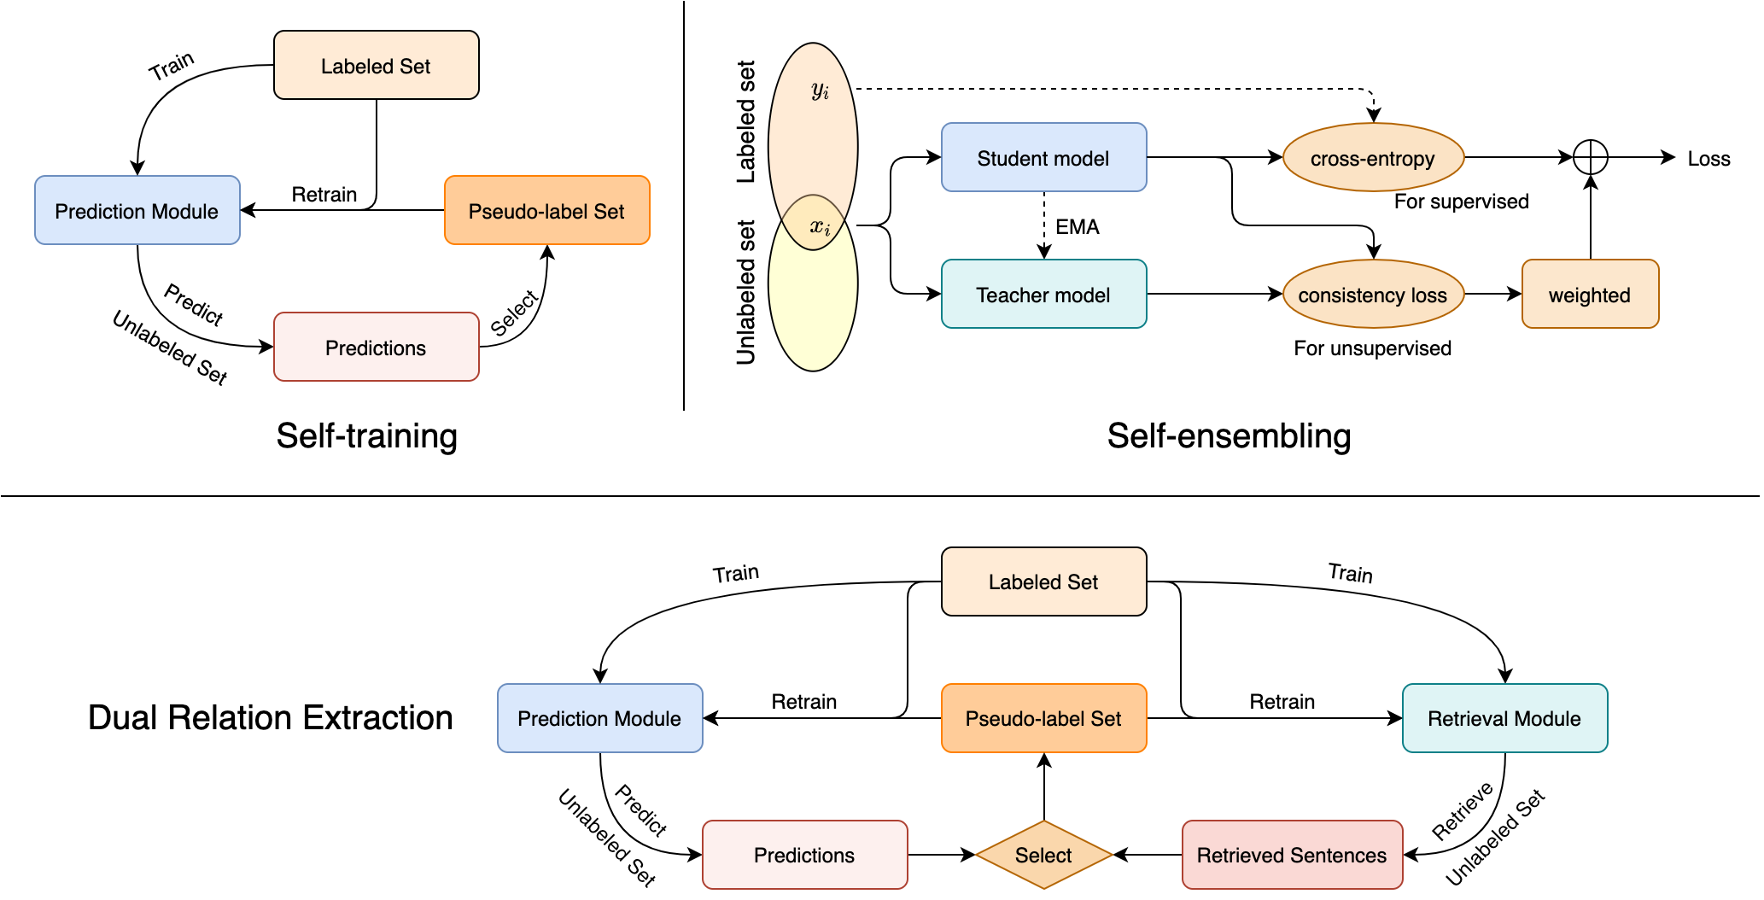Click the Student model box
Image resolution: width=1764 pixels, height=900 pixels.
[1043, 158]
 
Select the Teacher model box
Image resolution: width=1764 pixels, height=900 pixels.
[1043, 295]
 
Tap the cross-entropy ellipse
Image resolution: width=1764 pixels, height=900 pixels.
[1373, 158]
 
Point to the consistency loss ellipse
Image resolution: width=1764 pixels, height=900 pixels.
[1373, 295]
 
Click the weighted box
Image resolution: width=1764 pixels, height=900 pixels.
[1590, 295]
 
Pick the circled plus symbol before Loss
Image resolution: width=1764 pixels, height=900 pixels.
[1590, 157]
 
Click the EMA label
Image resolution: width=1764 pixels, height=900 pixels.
[1078, 227]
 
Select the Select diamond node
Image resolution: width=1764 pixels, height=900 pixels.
[1043, 855]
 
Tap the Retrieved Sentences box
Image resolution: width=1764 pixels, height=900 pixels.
[1292, 855]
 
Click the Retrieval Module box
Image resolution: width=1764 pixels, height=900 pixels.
[1504, 718]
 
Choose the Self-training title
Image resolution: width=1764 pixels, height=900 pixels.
[367, 435]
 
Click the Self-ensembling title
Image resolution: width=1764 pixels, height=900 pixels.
[1229, 435]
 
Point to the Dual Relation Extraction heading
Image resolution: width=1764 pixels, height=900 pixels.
[271, 717]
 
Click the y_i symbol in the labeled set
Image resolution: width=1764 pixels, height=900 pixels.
[821, 90]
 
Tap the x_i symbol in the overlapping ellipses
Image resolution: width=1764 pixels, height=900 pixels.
[821, 226]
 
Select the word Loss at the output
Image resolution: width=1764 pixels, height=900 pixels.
[1709, 159]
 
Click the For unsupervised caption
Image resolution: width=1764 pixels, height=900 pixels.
[1372, 348]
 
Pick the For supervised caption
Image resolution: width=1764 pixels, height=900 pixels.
[1461, 202]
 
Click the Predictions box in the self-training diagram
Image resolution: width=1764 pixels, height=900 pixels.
[376, 348]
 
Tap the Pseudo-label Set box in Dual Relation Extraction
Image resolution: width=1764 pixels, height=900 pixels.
[1043, 718]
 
